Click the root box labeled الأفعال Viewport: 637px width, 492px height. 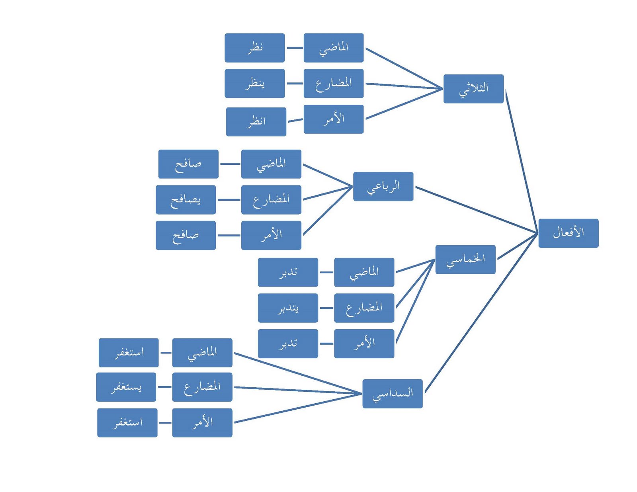[568, 233]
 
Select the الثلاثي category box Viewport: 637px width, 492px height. [473, 89]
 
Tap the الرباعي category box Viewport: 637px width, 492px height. [383, 186]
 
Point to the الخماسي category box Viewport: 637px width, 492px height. [465, 260]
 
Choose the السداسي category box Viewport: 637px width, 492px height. [392, 394]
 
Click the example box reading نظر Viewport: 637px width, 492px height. [254, 48]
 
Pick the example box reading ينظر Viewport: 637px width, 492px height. [254, 84]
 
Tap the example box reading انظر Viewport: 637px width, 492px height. [256, 122]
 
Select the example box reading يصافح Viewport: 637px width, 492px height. [186, 200]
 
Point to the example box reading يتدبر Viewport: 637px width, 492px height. [288, 308]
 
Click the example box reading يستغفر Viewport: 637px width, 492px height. [126, 387]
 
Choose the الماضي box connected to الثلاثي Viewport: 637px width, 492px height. [333, 48]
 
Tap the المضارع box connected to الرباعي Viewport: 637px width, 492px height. [271, 200]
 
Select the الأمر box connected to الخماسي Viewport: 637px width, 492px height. [364, 344]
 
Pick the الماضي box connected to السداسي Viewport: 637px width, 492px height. [202, 353]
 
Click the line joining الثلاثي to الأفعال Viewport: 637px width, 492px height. [521, 159]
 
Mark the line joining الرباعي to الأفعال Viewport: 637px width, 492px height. [476, 209]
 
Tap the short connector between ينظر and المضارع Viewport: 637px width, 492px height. [294, 84]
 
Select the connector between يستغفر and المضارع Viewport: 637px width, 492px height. [164, 387]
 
